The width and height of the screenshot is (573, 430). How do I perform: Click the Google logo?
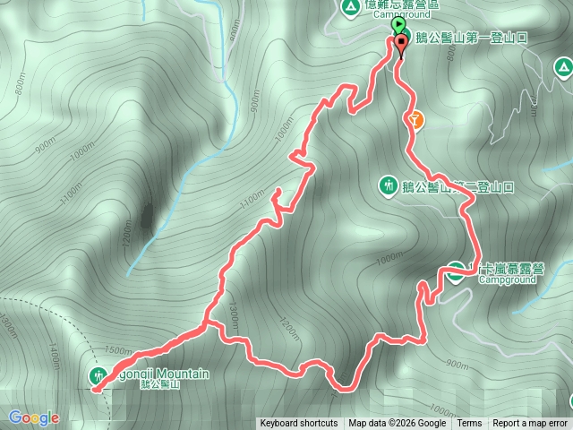point(34,417)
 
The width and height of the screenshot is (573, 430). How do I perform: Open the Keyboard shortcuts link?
point(299,424)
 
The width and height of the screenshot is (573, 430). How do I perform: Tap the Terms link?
point(469,424)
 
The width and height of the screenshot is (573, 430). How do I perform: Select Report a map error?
point(530,424)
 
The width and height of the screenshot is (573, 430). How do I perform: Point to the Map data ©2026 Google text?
point(398,424)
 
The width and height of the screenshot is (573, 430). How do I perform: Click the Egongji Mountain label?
point(161,374)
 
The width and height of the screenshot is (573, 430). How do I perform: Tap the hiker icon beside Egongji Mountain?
point(98,374)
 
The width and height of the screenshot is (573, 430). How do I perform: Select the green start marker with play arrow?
point(397,27)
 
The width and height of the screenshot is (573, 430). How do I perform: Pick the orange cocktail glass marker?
point(414,117)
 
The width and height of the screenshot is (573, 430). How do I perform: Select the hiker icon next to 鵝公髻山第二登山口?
point(389,186)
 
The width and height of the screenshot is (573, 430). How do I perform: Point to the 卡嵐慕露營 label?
point(507,269)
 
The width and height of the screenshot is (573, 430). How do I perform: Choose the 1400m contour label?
point(55,357)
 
